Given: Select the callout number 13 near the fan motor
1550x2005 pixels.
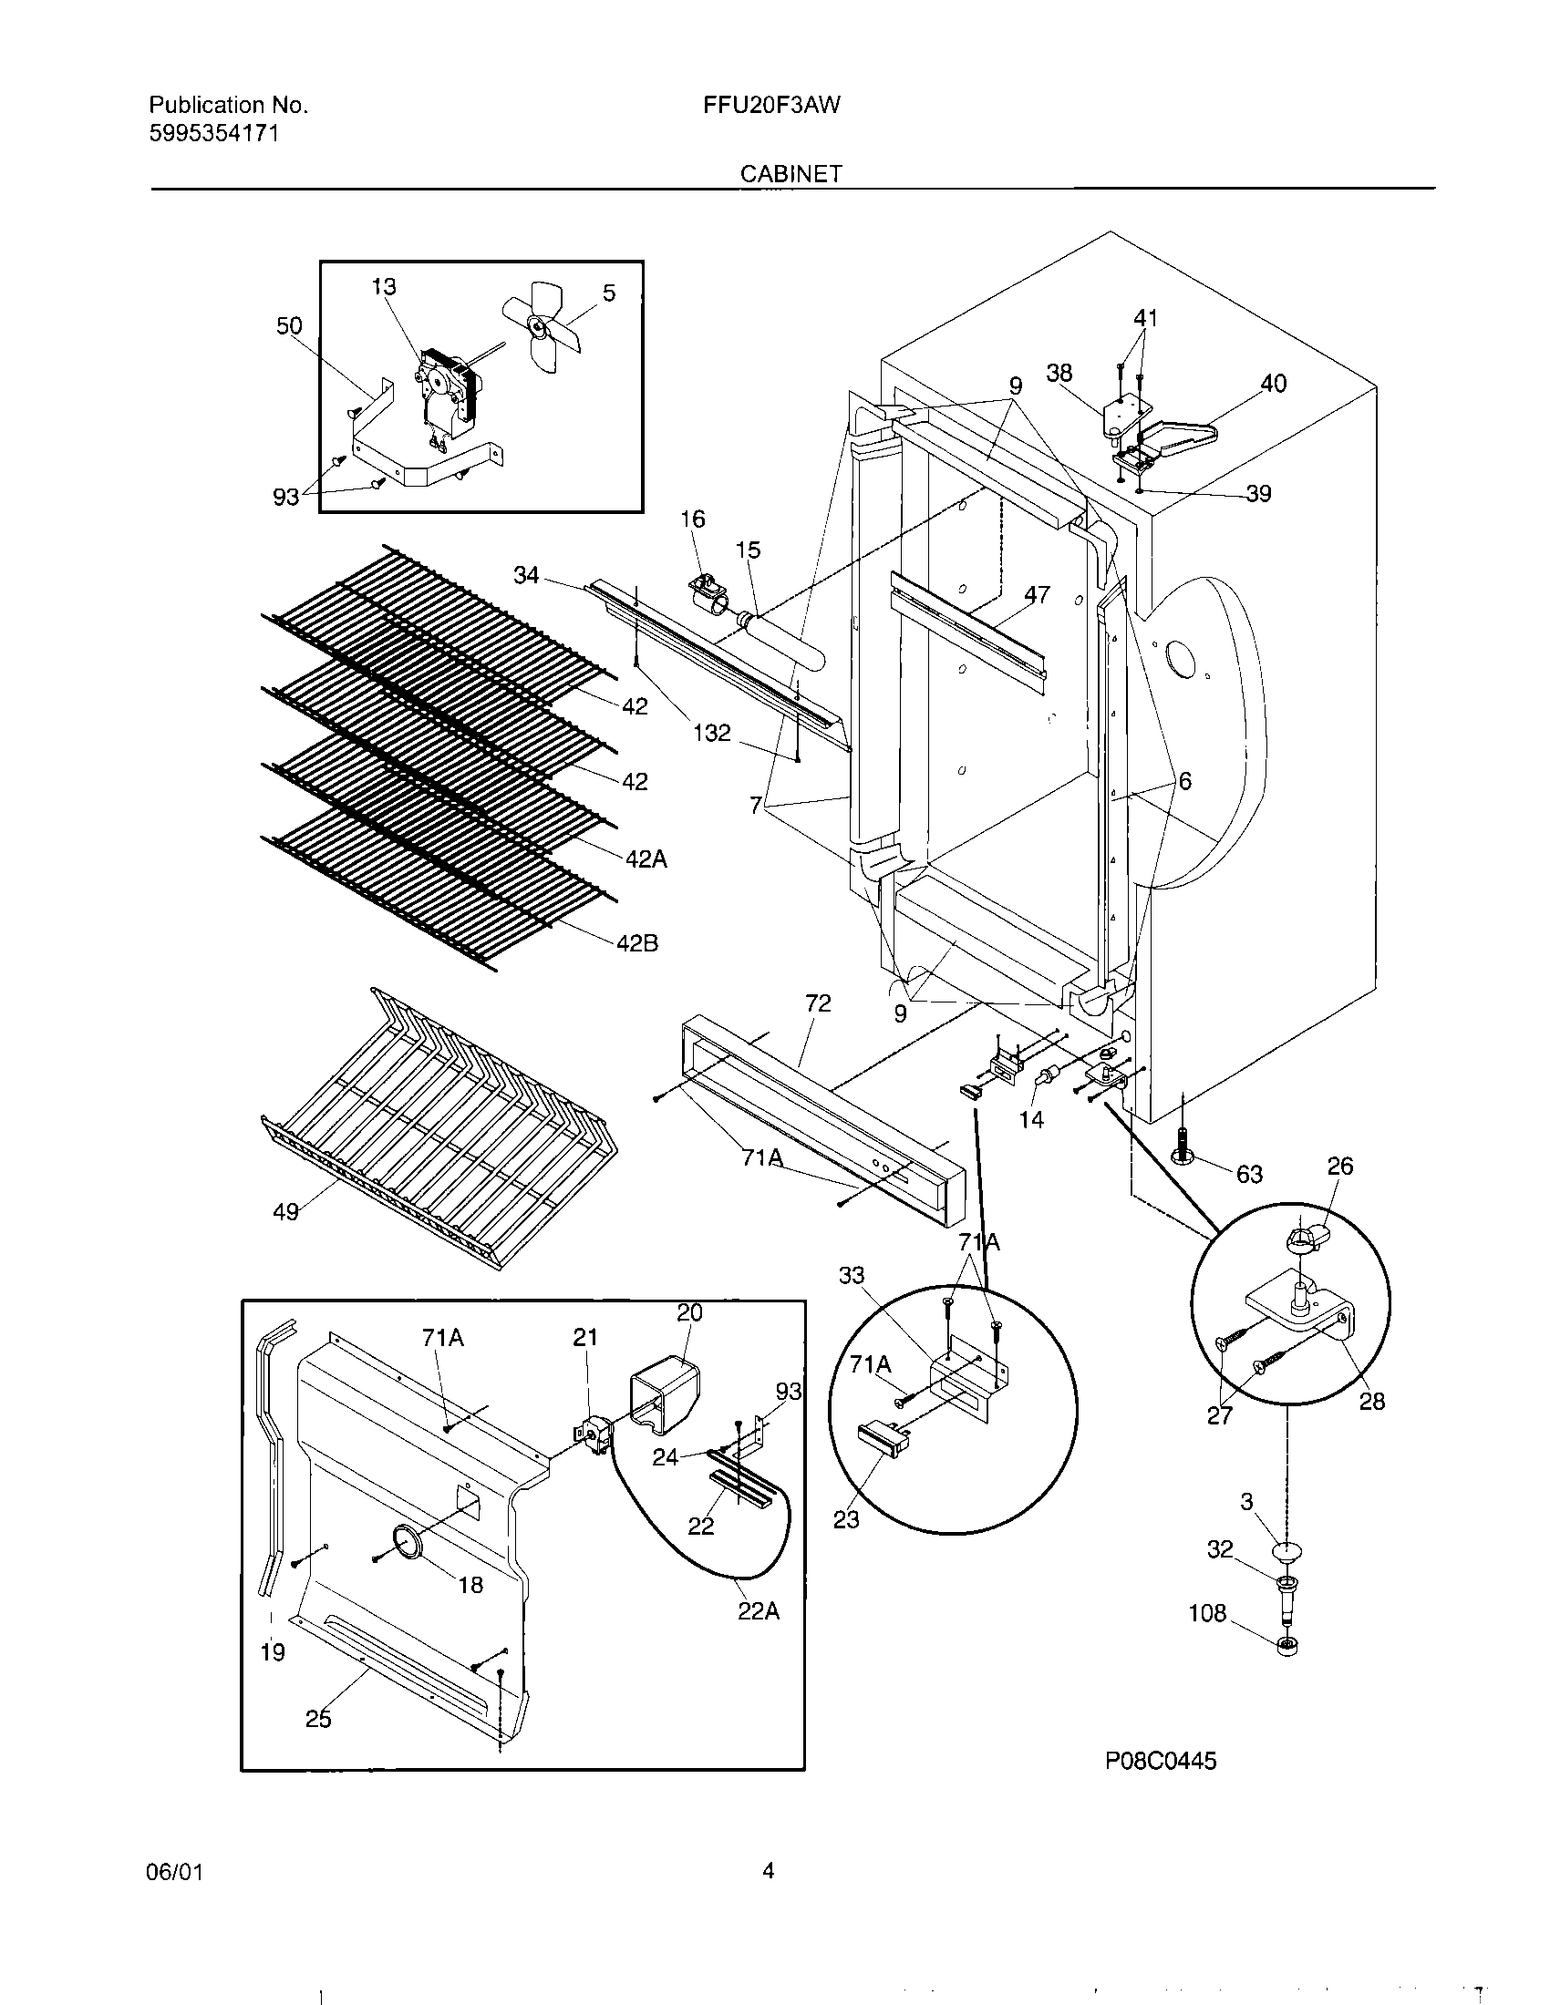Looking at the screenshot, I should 383,286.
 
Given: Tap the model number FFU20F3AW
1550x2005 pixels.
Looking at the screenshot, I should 771,105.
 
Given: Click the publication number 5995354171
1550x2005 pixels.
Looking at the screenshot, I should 214,134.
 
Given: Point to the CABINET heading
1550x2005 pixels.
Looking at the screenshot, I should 790,173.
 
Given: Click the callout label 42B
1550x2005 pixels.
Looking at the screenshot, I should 636,943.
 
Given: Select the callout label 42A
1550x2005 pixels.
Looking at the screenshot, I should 646,859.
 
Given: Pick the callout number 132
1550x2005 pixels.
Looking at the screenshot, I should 712,733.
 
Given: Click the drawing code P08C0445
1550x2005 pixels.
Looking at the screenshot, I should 1160,1760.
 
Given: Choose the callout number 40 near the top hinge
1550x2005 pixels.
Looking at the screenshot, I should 1273,384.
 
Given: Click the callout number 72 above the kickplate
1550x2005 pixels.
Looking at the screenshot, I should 817,1003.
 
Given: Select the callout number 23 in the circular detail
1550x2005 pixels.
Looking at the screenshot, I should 846,1519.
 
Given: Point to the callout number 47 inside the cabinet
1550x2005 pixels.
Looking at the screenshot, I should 1037,595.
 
